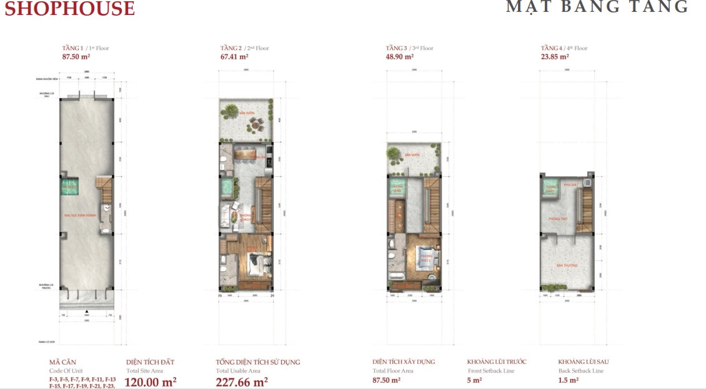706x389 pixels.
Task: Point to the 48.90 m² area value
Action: coord(400,56)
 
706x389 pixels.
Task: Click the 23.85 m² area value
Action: coord(555,56)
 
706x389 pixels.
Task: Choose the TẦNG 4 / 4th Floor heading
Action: coord(564,48)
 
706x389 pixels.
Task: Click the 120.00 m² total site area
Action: coord(151,381)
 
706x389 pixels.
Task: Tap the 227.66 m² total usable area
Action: coord(242,381)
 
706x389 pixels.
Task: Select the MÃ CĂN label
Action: coord(62,362)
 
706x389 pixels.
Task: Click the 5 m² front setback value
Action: coord(474,380)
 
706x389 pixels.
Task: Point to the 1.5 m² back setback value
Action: coord(568,380)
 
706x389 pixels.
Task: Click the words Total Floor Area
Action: coord(393,371)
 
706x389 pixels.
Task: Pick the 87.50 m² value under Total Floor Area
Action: coord(386,380)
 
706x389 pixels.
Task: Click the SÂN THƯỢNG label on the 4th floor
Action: coord(565,266)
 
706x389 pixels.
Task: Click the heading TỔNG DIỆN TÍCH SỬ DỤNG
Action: coord(257,362)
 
